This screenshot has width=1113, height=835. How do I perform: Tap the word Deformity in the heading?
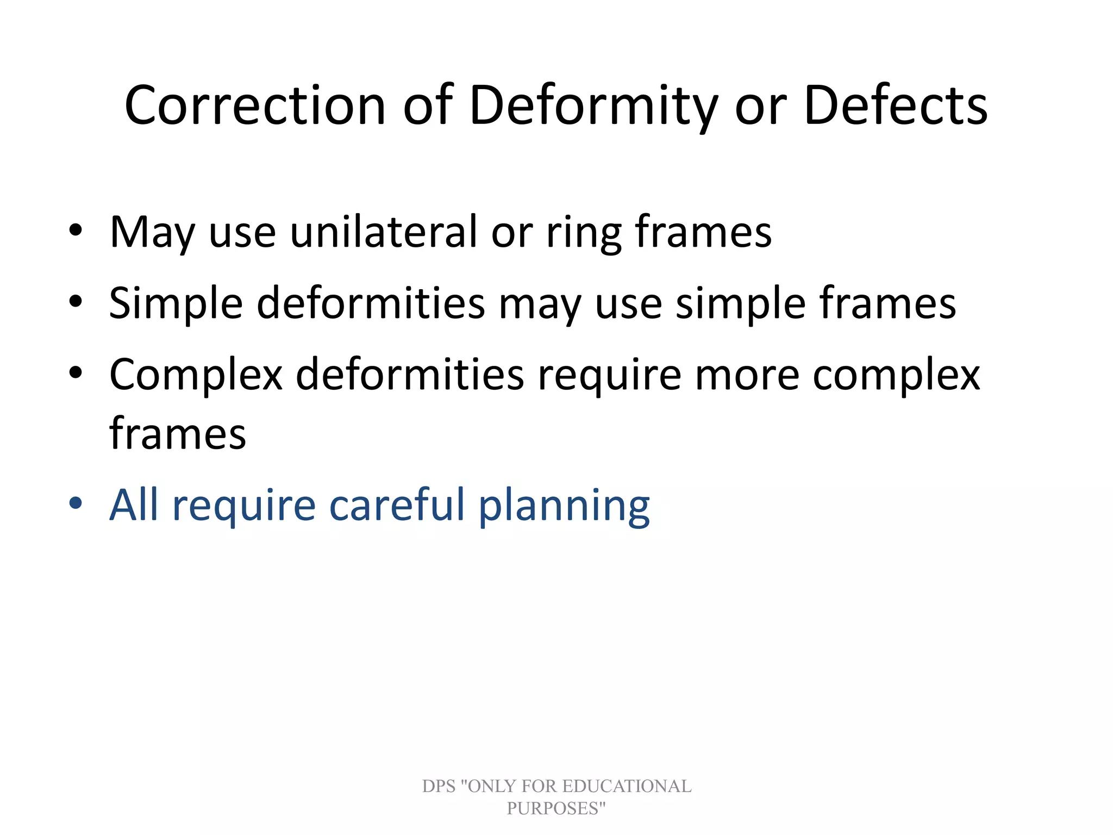(593, 106)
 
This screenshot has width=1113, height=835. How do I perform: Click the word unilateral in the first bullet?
(384, 232)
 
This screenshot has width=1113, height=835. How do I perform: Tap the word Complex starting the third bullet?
(196, 375)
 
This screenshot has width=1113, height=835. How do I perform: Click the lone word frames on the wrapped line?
(177, 433)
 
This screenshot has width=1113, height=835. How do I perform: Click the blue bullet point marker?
(76, 503)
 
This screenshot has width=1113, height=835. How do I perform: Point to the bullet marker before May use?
(76, 230)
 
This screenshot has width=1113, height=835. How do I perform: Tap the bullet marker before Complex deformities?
(76, 373)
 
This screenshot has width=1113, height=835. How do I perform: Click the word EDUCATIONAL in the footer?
(626, 786)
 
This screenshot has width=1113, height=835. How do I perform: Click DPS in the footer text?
(439, 786)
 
